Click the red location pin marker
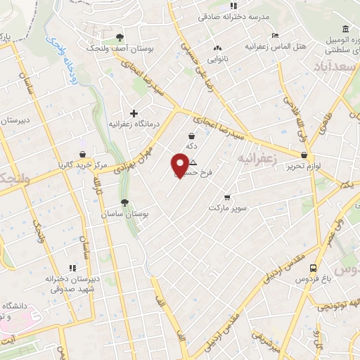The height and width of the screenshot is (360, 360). tap(178, 165)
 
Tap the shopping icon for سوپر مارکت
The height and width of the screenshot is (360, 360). tap(226, 198)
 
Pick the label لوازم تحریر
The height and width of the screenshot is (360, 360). tap(304, 166)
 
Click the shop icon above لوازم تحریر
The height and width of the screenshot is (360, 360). tap(304, 155)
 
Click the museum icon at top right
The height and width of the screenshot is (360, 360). tap(345, 29)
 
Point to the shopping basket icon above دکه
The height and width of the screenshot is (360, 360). tap(191, 136)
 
